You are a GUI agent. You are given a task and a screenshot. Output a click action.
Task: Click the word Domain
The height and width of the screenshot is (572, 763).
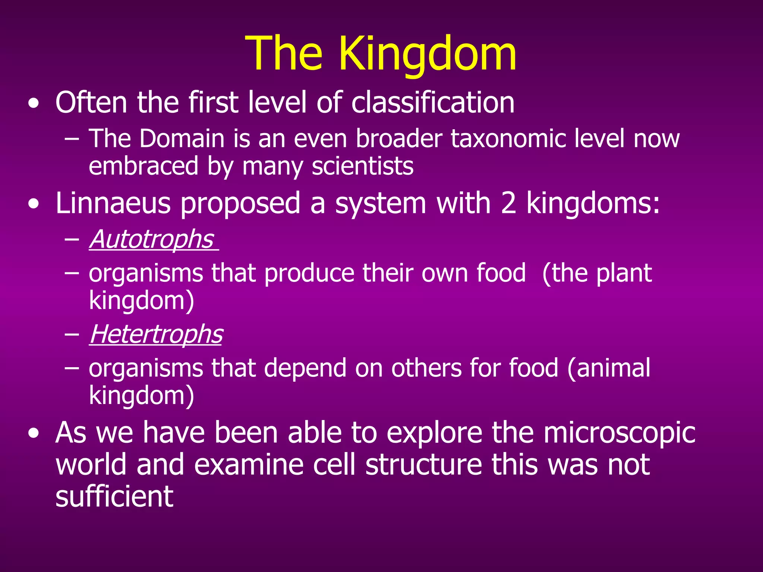(x=182, y=139)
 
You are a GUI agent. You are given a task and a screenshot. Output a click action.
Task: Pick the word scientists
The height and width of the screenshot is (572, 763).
(x=362, y=166)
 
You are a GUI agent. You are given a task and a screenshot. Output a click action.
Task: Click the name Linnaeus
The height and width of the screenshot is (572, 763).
(x=113, y=203)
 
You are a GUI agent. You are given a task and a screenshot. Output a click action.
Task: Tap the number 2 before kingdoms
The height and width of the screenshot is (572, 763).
(x=509, y=203)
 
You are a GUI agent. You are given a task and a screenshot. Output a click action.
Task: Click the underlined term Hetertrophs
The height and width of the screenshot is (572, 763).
(x=156, y=334)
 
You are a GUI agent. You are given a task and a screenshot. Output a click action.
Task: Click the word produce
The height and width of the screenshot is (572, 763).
(x=309, y=273)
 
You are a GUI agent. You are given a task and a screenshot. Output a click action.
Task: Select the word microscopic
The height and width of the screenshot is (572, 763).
(x=619, y=433)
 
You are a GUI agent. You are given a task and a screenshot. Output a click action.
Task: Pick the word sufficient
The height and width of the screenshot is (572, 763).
(x=114, y=496)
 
